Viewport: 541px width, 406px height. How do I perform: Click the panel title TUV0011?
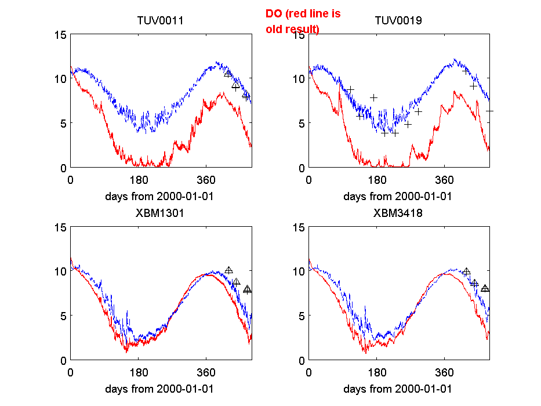(x=160, y=21)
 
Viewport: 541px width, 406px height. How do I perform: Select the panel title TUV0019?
(x=398, y=21)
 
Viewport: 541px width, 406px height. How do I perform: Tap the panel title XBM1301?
(x=159, y=213)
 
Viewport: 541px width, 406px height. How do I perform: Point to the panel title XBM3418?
(x=398, y=213)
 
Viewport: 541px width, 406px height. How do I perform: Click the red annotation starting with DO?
(x=303, y=21)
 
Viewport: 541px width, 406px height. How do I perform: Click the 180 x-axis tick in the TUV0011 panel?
(x=139, y=179)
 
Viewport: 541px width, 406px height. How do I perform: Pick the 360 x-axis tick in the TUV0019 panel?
(x=445, y=179)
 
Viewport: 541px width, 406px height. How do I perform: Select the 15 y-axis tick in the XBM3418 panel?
(x=298, y=227)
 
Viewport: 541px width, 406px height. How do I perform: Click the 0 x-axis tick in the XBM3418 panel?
(x=308, y=372)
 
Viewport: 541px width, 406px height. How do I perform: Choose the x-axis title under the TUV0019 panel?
(x=398, y=196)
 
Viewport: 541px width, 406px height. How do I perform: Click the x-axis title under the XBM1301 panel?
(x=159, y=389)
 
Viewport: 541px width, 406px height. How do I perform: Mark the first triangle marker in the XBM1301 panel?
(x=228, y=270)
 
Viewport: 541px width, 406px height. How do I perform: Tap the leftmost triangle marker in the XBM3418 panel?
(x=466, y=271)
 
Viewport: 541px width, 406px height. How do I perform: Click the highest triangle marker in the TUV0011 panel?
(x=228, y=73)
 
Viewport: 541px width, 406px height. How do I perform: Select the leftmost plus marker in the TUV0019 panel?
(x=350, y=89)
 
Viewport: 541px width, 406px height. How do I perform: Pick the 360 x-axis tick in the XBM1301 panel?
(x=206, y=372)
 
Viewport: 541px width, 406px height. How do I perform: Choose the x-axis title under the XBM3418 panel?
(x=398, y=389)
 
